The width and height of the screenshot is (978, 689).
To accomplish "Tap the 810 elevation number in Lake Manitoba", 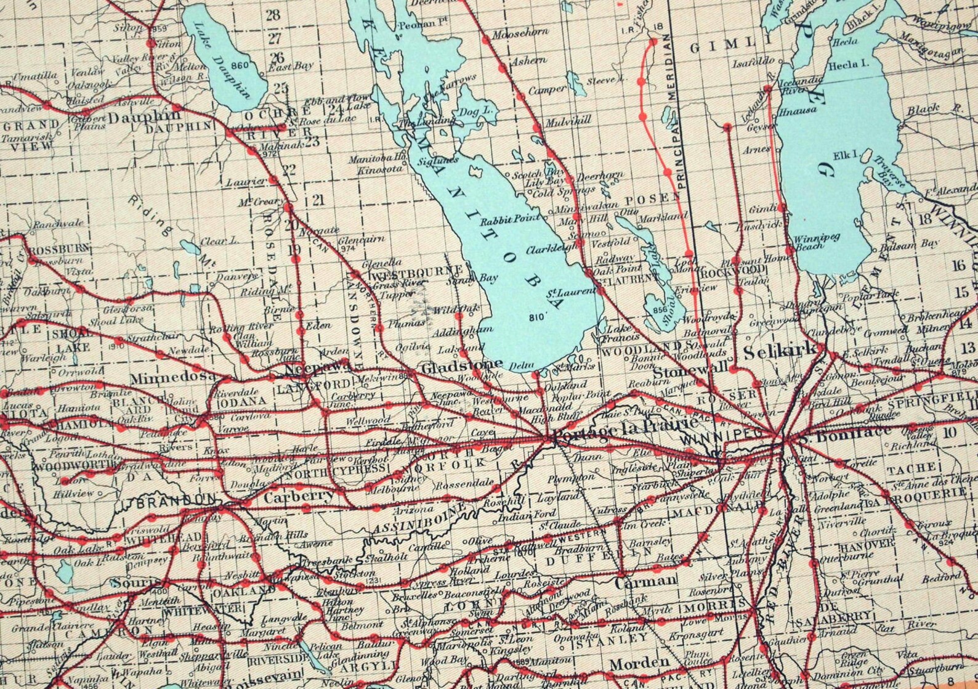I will pos(537,318).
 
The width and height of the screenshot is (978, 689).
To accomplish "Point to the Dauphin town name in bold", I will pos(145,115).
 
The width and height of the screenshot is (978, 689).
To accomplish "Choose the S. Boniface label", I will pos(844,431).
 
